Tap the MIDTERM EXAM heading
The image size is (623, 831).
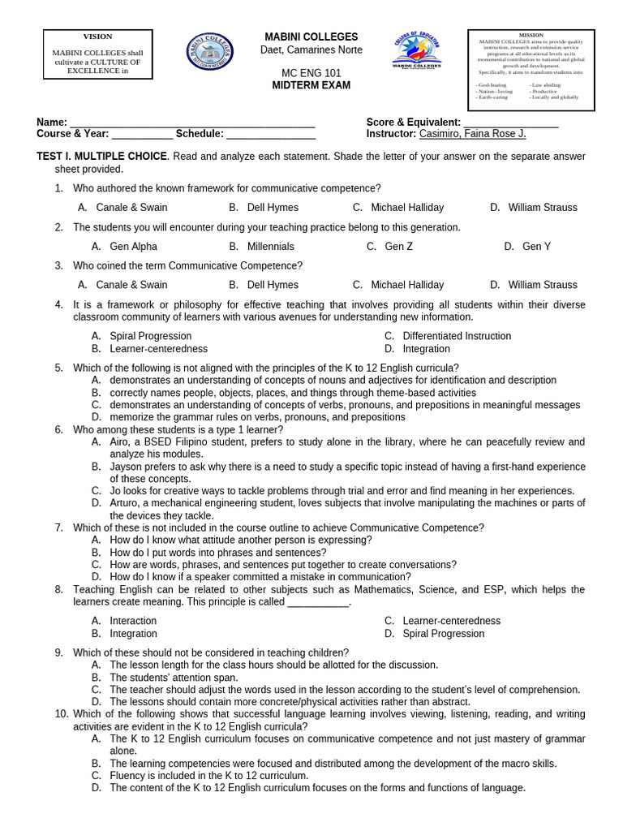point(311,85)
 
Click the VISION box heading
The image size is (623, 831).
point(98,37)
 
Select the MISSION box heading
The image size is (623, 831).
point(531,36)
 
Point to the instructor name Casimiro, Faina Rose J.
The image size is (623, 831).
point(472,134)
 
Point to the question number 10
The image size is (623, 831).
point(61,714)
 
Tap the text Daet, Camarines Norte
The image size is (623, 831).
point(311,50)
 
